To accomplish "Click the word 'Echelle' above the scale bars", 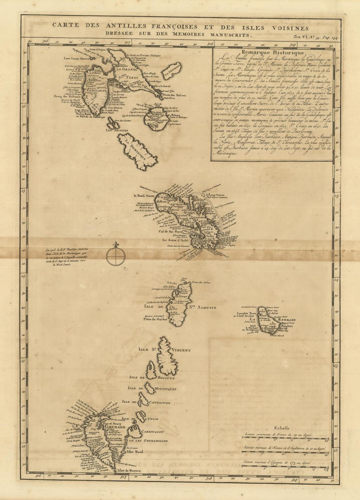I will [x=281, y=428].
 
